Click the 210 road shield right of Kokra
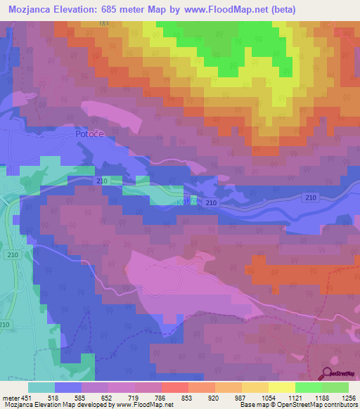tap(212, 202)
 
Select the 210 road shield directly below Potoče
tap(101, 181)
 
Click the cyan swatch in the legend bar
tap(41, 387)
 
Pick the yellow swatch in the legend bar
tap(282, 387)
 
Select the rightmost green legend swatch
tap(335, 387)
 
